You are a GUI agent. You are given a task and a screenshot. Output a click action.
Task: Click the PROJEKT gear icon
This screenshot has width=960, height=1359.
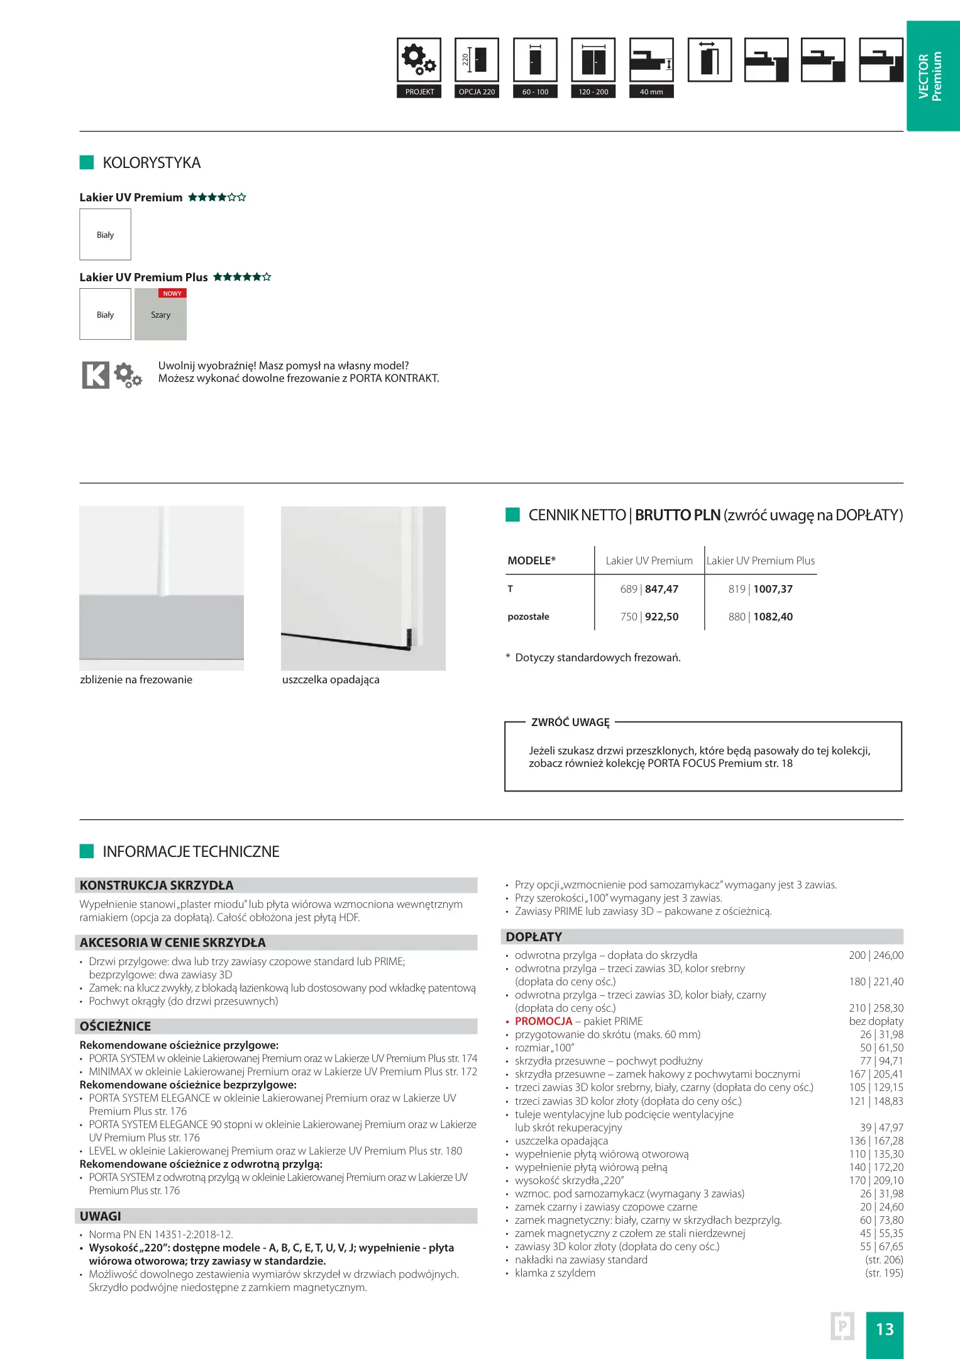coord(419,60)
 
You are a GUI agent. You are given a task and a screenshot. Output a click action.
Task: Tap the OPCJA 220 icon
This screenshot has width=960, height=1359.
coord(477,60)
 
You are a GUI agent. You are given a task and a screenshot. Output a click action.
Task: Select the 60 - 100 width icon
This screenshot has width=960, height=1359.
coord(535,60)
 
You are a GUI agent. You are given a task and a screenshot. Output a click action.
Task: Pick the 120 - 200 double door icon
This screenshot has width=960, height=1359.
coord(593,60)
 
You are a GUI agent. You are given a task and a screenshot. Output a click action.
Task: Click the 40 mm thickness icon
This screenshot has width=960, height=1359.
coord(651,60)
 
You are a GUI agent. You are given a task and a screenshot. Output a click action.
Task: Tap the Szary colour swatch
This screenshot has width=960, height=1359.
coord(160,315)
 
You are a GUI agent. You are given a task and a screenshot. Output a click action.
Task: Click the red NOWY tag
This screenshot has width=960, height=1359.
coord(172,293)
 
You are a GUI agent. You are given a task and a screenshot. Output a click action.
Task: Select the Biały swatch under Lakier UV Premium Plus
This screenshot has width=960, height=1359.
coord(105,315)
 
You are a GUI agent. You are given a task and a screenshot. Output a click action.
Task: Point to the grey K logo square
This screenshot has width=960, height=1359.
coord(96,375)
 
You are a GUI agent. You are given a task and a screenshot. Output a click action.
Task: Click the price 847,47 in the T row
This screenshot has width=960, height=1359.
coord(661,589)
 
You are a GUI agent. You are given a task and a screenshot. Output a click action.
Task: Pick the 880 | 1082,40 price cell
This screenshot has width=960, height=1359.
coord(760,617)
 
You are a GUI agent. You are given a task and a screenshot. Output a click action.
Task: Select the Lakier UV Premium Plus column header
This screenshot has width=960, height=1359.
coord(760,561)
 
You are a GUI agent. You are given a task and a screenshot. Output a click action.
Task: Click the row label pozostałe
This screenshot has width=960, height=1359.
coord(528,617)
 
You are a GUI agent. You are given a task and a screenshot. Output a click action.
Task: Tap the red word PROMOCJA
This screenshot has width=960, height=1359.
coord(543,1021)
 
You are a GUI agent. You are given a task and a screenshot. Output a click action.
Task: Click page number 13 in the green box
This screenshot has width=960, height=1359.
coord(885,1329)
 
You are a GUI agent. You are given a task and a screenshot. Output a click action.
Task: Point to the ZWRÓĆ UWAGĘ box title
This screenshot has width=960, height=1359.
coord(570,722)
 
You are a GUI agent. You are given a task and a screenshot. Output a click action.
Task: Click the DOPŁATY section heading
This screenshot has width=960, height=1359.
coord(534,937)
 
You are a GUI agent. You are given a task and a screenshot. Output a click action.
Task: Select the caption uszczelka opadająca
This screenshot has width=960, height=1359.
coord(331,679)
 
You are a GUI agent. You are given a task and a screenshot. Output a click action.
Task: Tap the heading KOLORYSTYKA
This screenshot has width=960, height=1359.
coord(152,163)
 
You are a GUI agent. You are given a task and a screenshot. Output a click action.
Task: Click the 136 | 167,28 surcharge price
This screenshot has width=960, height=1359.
coord(876,1141)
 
